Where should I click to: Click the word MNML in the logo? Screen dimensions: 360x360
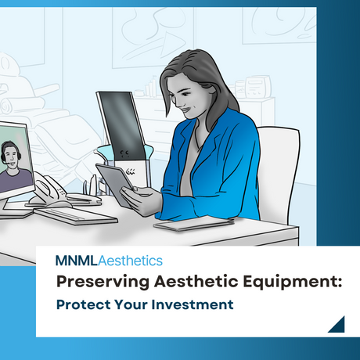74,261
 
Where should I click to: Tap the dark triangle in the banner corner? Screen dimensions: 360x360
337,323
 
